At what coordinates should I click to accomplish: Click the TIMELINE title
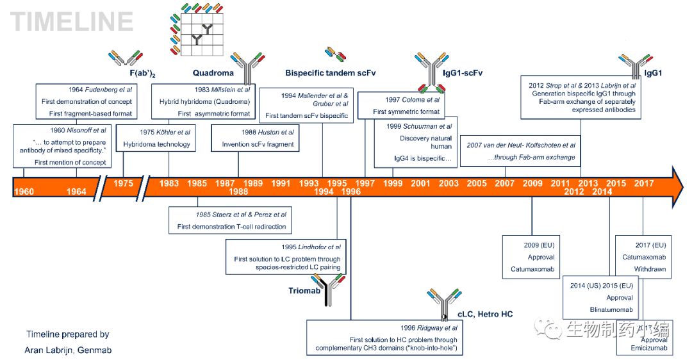(72, 22)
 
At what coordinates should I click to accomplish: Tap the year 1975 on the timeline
(124, 184)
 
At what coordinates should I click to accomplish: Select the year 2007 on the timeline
(504, 184)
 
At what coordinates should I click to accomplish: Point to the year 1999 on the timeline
(393, 184)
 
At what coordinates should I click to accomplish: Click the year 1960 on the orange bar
(24, 192)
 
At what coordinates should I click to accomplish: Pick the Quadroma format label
(213, 73)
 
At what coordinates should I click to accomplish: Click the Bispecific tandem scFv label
(330, 73)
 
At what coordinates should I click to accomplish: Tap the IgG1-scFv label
(462, 73)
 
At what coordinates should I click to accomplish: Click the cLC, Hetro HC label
(485, 314)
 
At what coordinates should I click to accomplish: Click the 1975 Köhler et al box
(157, 138)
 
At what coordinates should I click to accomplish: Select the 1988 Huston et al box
(258, 138)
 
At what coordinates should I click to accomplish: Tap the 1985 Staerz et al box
(232, 220)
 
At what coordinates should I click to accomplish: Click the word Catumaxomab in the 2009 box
(532, 270)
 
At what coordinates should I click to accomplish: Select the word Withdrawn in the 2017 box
(650, 269)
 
